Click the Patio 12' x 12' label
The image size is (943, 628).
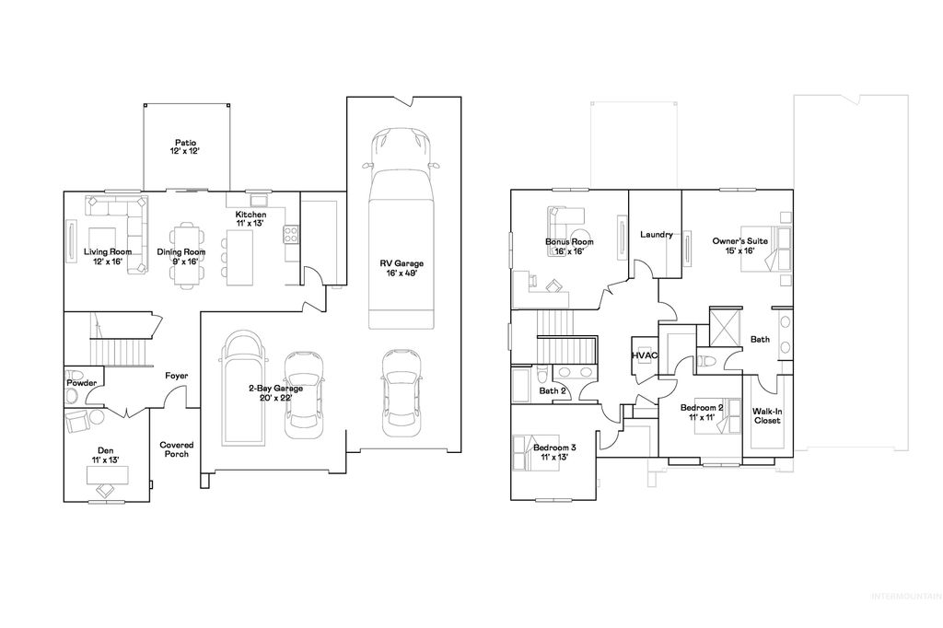[x=185, y=146]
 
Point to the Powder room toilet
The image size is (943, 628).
[x=71, y=396]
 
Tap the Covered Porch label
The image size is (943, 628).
[x=176, y=449]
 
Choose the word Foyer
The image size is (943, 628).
[x=177, y=376]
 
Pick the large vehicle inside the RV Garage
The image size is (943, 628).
[x=400, y=230]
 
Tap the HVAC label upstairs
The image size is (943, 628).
[x=645, y=355]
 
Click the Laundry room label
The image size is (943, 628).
[x=657, y=234]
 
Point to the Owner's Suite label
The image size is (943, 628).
[x=734, y=246]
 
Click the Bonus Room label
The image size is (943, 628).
[x=569, y=246]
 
